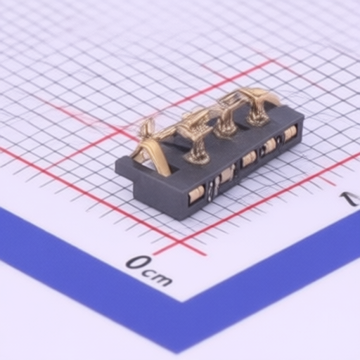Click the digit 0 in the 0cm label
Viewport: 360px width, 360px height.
tap(138, 262)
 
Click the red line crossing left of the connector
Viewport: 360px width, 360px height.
tap(117, 133)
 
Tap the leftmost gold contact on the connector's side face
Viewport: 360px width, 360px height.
tap(196, 194)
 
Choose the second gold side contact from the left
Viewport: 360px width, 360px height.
tap(226, 176)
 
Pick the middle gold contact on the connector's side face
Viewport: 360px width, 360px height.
tap(249, 159)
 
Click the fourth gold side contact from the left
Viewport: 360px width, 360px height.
tap(270, 145)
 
